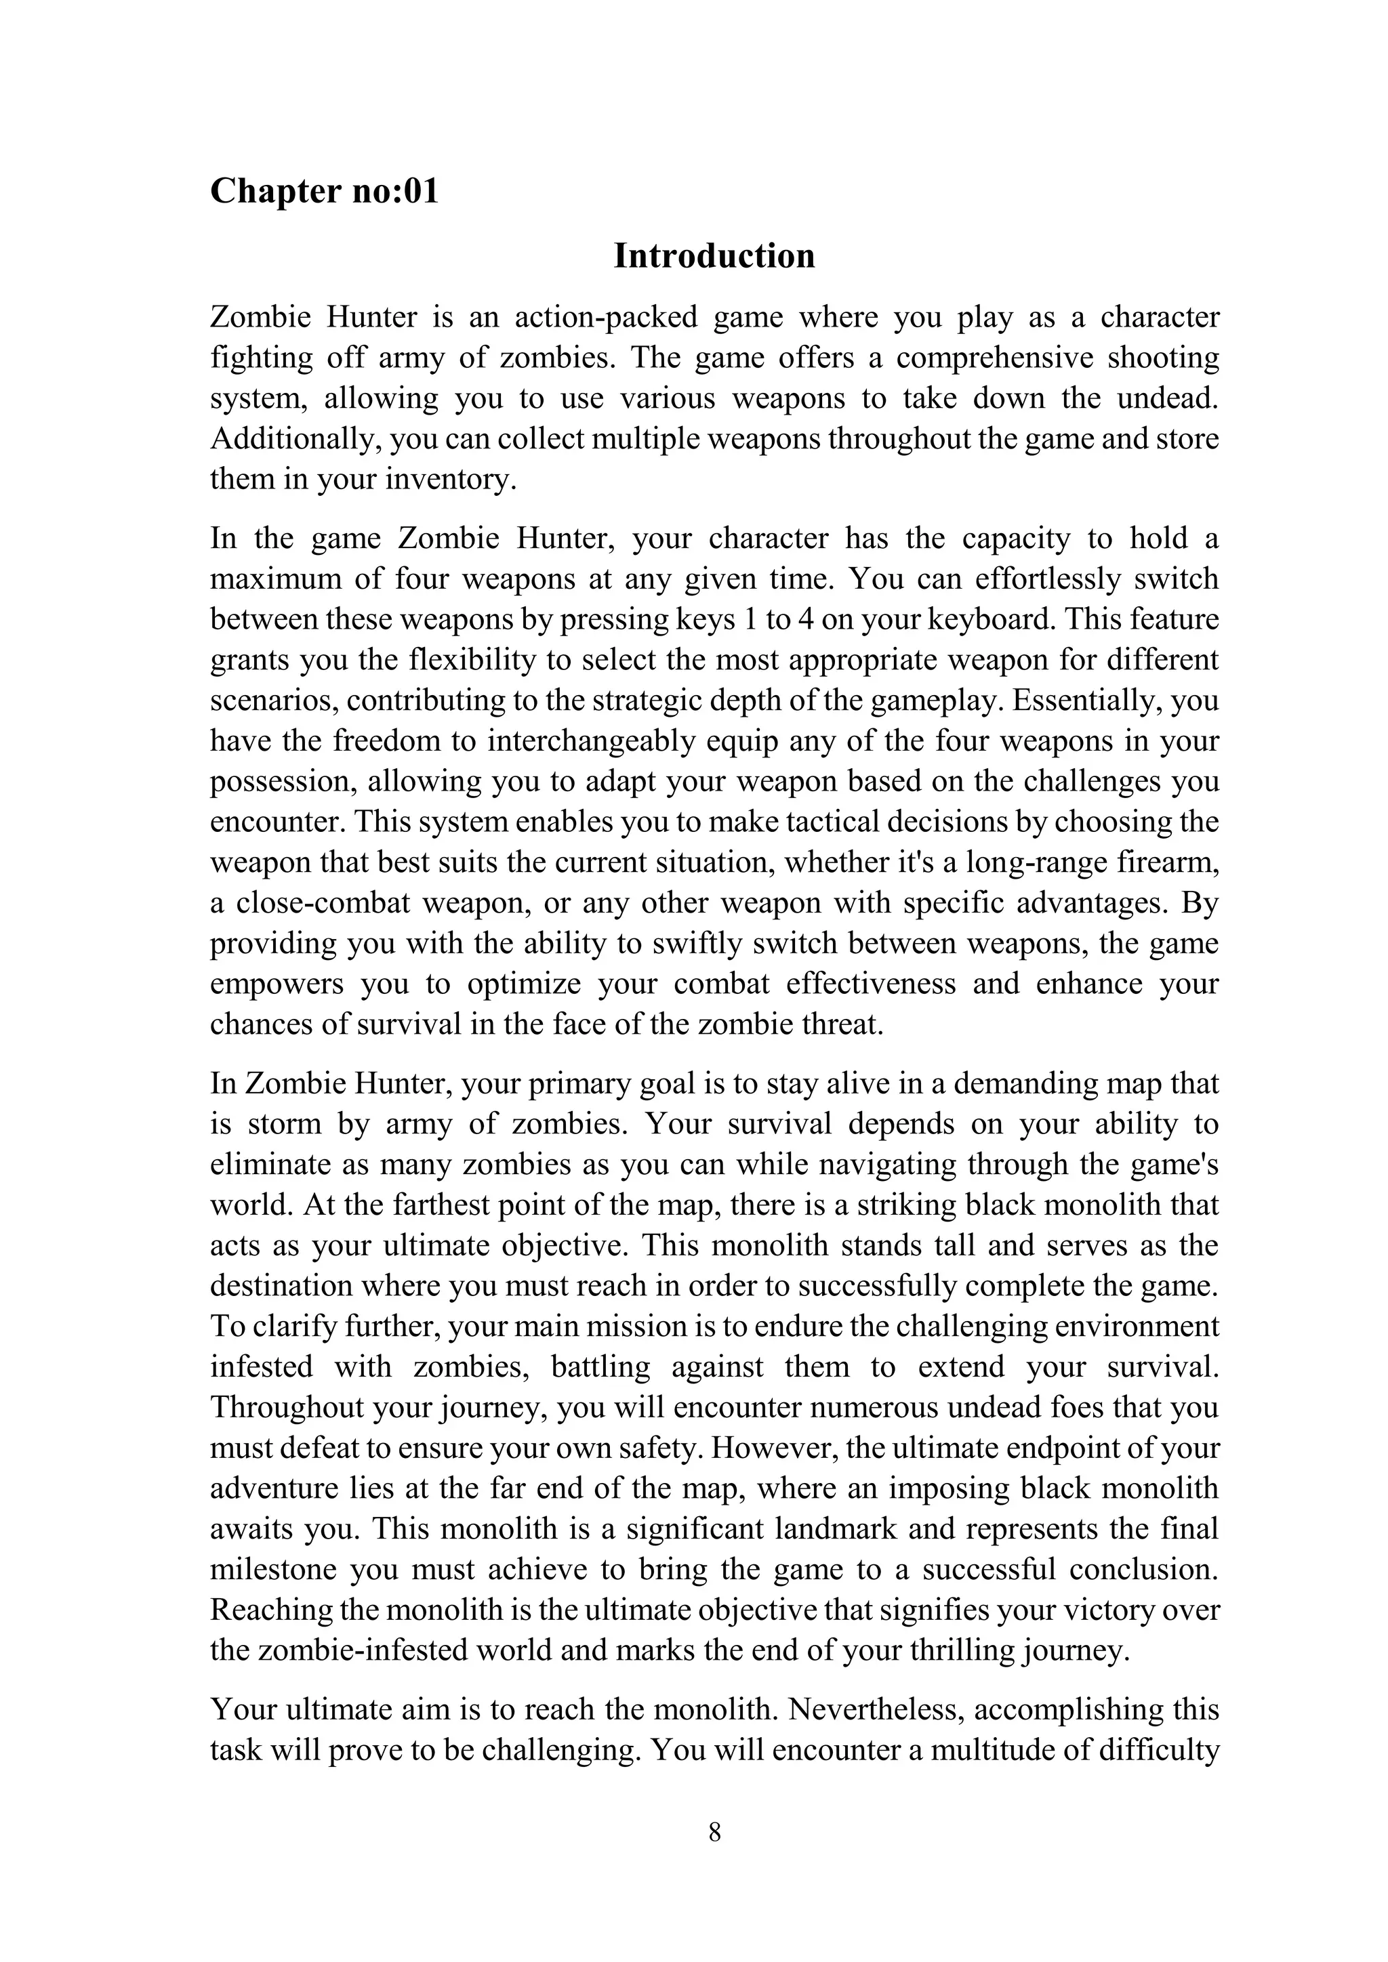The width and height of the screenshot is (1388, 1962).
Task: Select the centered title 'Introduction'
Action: [714, 256]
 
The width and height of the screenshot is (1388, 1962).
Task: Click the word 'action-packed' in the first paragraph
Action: [606, 317]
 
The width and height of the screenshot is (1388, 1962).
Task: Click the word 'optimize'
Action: [523, 984]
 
